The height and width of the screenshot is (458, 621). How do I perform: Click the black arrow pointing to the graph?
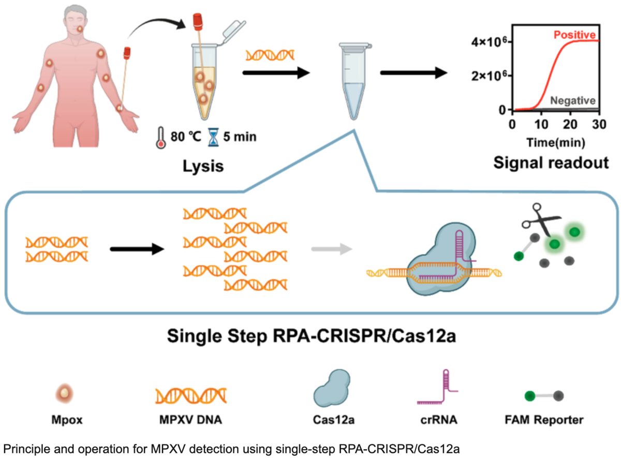[414, 73]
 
